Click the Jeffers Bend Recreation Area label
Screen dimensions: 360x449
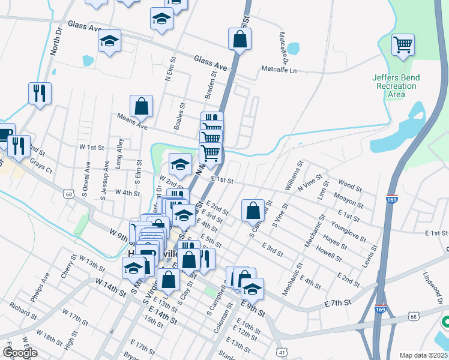[x=396, y=86]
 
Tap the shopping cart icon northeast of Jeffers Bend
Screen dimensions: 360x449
[x=403, y=44]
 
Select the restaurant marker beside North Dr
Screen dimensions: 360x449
[x=40, y=93]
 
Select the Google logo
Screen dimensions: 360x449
[x=20, y=353]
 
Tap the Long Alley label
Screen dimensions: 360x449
[x=120, y=153]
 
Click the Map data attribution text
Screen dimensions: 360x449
[x=424, y=355]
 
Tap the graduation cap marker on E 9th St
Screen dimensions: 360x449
[x=253, y=289]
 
